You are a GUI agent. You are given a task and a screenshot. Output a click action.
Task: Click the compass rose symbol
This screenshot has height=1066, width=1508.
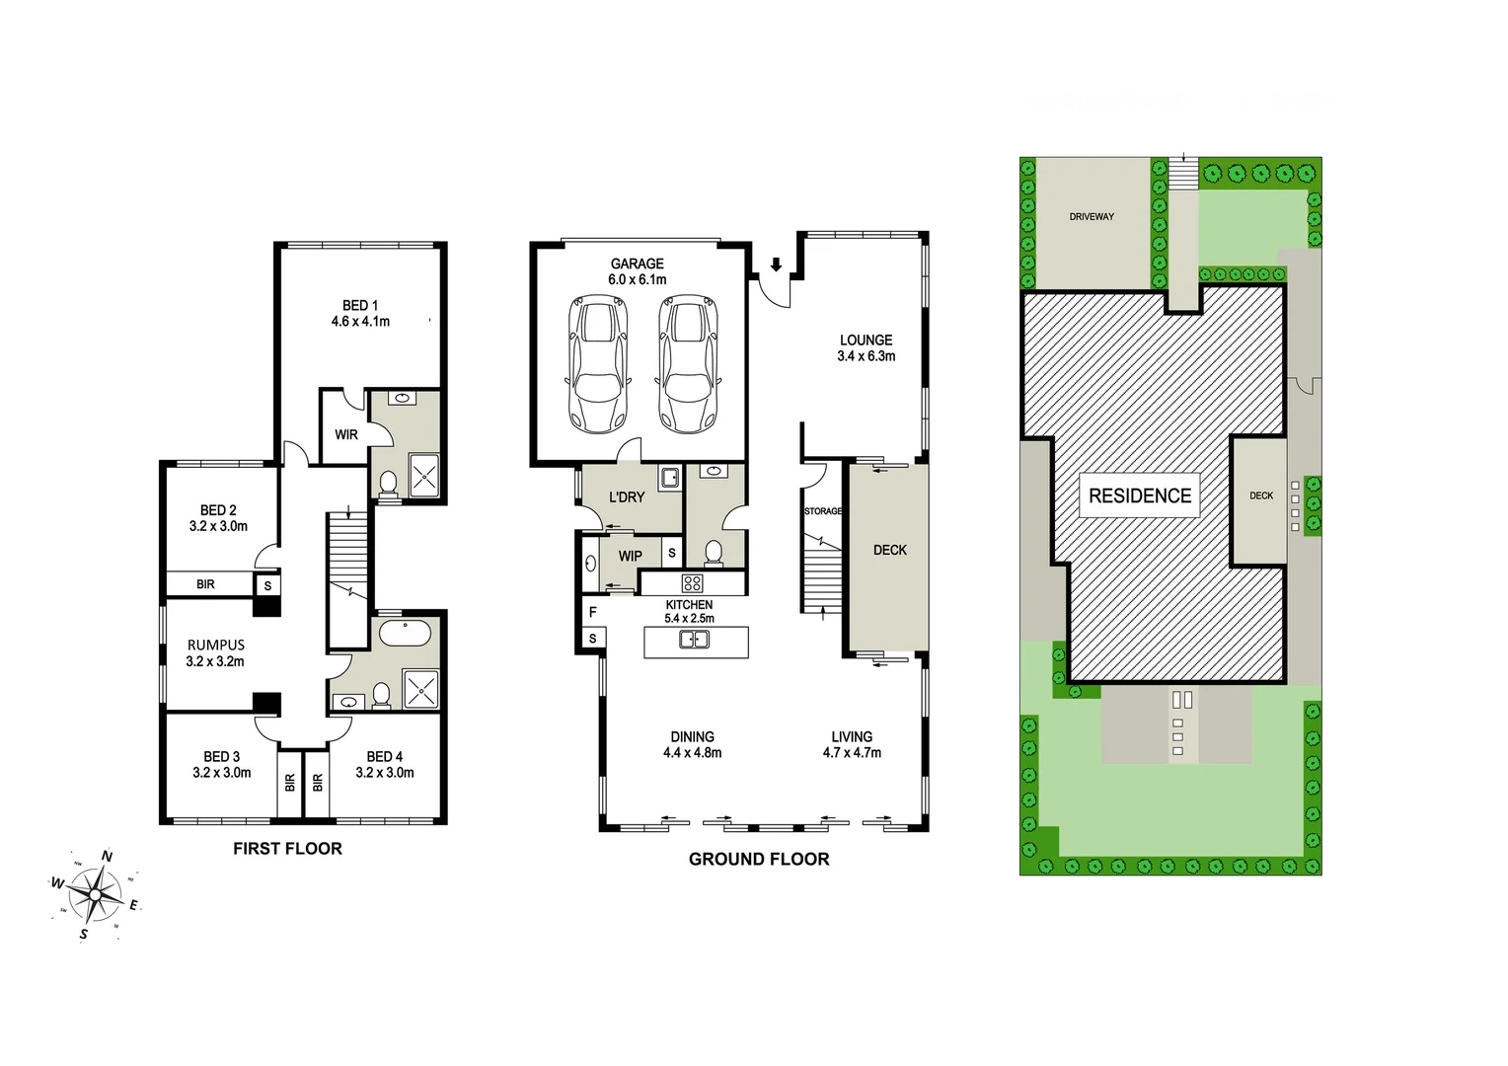95,894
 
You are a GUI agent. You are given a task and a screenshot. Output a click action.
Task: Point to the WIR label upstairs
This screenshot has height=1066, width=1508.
346,434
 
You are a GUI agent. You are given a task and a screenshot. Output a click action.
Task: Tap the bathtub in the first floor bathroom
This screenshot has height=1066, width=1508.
405,633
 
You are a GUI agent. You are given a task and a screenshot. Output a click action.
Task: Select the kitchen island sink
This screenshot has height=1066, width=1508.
694,640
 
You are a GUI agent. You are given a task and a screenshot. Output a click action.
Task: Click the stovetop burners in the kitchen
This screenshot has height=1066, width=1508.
693,582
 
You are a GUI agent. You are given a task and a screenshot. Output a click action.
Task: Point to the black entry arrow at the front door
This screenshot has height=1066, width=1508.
777,265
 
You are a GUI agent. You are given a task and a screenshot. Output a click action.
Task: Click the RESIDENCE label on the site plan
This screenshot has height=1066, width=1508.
1140,495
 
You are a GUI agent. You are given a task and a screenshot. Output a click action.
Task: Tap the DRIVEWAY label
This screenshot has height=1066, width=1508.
1092,216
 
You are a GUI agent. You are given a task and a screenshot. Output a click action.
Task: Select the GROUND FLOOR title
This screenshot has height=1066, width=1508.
759,859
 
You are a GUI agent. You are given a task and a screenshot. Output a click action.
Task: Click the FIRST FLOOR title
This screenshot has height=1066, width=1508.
287,848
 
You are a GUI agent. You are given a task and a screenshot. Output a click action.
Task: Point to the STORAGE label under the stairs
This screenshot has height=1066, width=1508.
822,511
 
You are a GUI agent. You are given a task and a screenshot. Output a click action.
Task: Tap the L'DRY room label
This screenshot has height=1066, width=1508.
626,496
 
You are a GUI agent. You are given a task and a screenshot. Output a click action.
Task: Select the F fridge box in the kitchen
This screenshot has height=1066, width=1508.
593,613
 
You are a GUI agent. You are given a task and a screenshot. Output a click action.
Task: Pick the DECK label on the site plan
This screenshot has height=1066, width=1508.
1261,495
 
